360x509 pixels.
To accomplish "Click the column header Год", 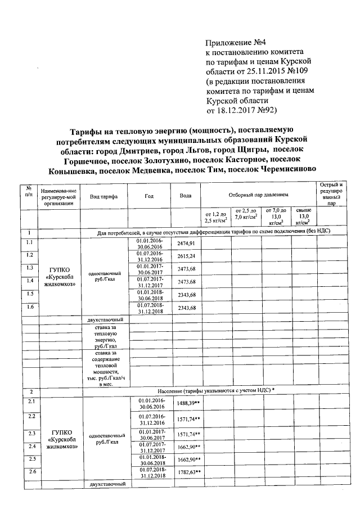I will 148,196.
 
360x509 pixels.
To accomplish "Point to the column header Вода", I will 185,196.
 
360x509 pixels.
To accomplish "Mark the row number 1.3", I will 29,267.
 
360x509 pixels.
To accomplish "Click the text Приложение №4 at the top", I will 232,43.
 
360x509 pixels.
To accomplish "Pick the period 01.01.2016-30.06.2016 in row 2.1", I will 150,403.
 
